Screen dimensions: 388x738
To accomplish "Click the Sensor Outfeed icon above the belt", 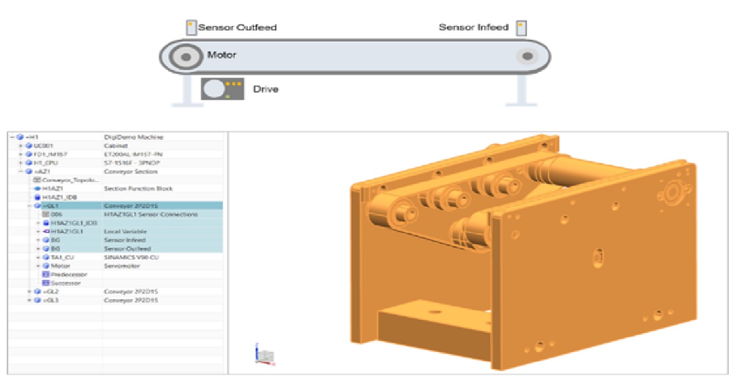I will coord(191,28).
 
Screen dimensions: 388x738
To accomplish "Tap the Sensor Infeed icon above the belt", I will coord(521,28).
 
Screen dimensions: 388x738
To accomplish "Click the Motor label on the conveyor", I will coord(221,55).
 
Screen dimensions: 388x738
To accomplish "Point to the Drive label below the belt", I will coord(266,89).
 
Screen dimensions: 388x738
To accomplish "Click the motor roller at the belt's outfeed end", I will coord(185,57).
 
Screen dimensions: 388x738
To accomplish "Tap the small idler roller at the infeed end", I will coord(526,57).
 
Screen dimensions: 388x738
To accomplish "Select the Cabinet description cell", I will coord(116,145).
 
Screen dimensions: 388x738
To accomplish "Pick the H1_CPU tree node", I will coord(46,163).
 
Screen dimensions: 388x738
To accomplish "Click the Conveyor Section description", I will coord(130,171).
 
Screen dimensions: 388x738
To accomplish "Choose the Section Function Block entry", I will coord(138,188).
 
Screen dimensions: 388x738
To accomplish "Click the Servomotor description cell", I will coord(122,265).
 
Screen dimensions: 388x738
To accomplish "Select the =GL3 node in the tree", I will coord(50,300).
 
